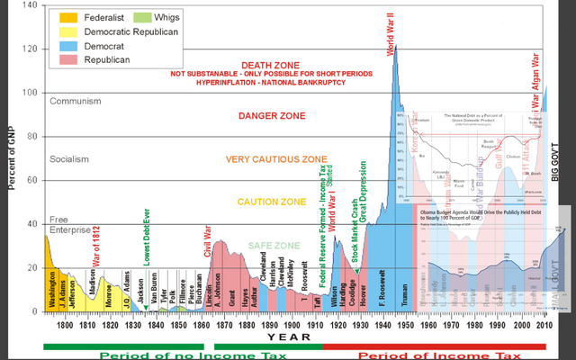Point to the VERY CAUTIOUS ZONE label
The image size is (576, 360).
[x=276, y=159]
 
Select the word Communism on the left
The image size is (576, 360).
[x=77, y=101]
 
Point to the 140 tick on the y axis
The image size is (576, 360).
[x=30, y=5]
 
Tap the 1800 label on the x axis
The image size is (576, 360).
[x=65, y=325]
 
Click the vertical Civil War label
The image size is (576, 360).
[x=208, y=238]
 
